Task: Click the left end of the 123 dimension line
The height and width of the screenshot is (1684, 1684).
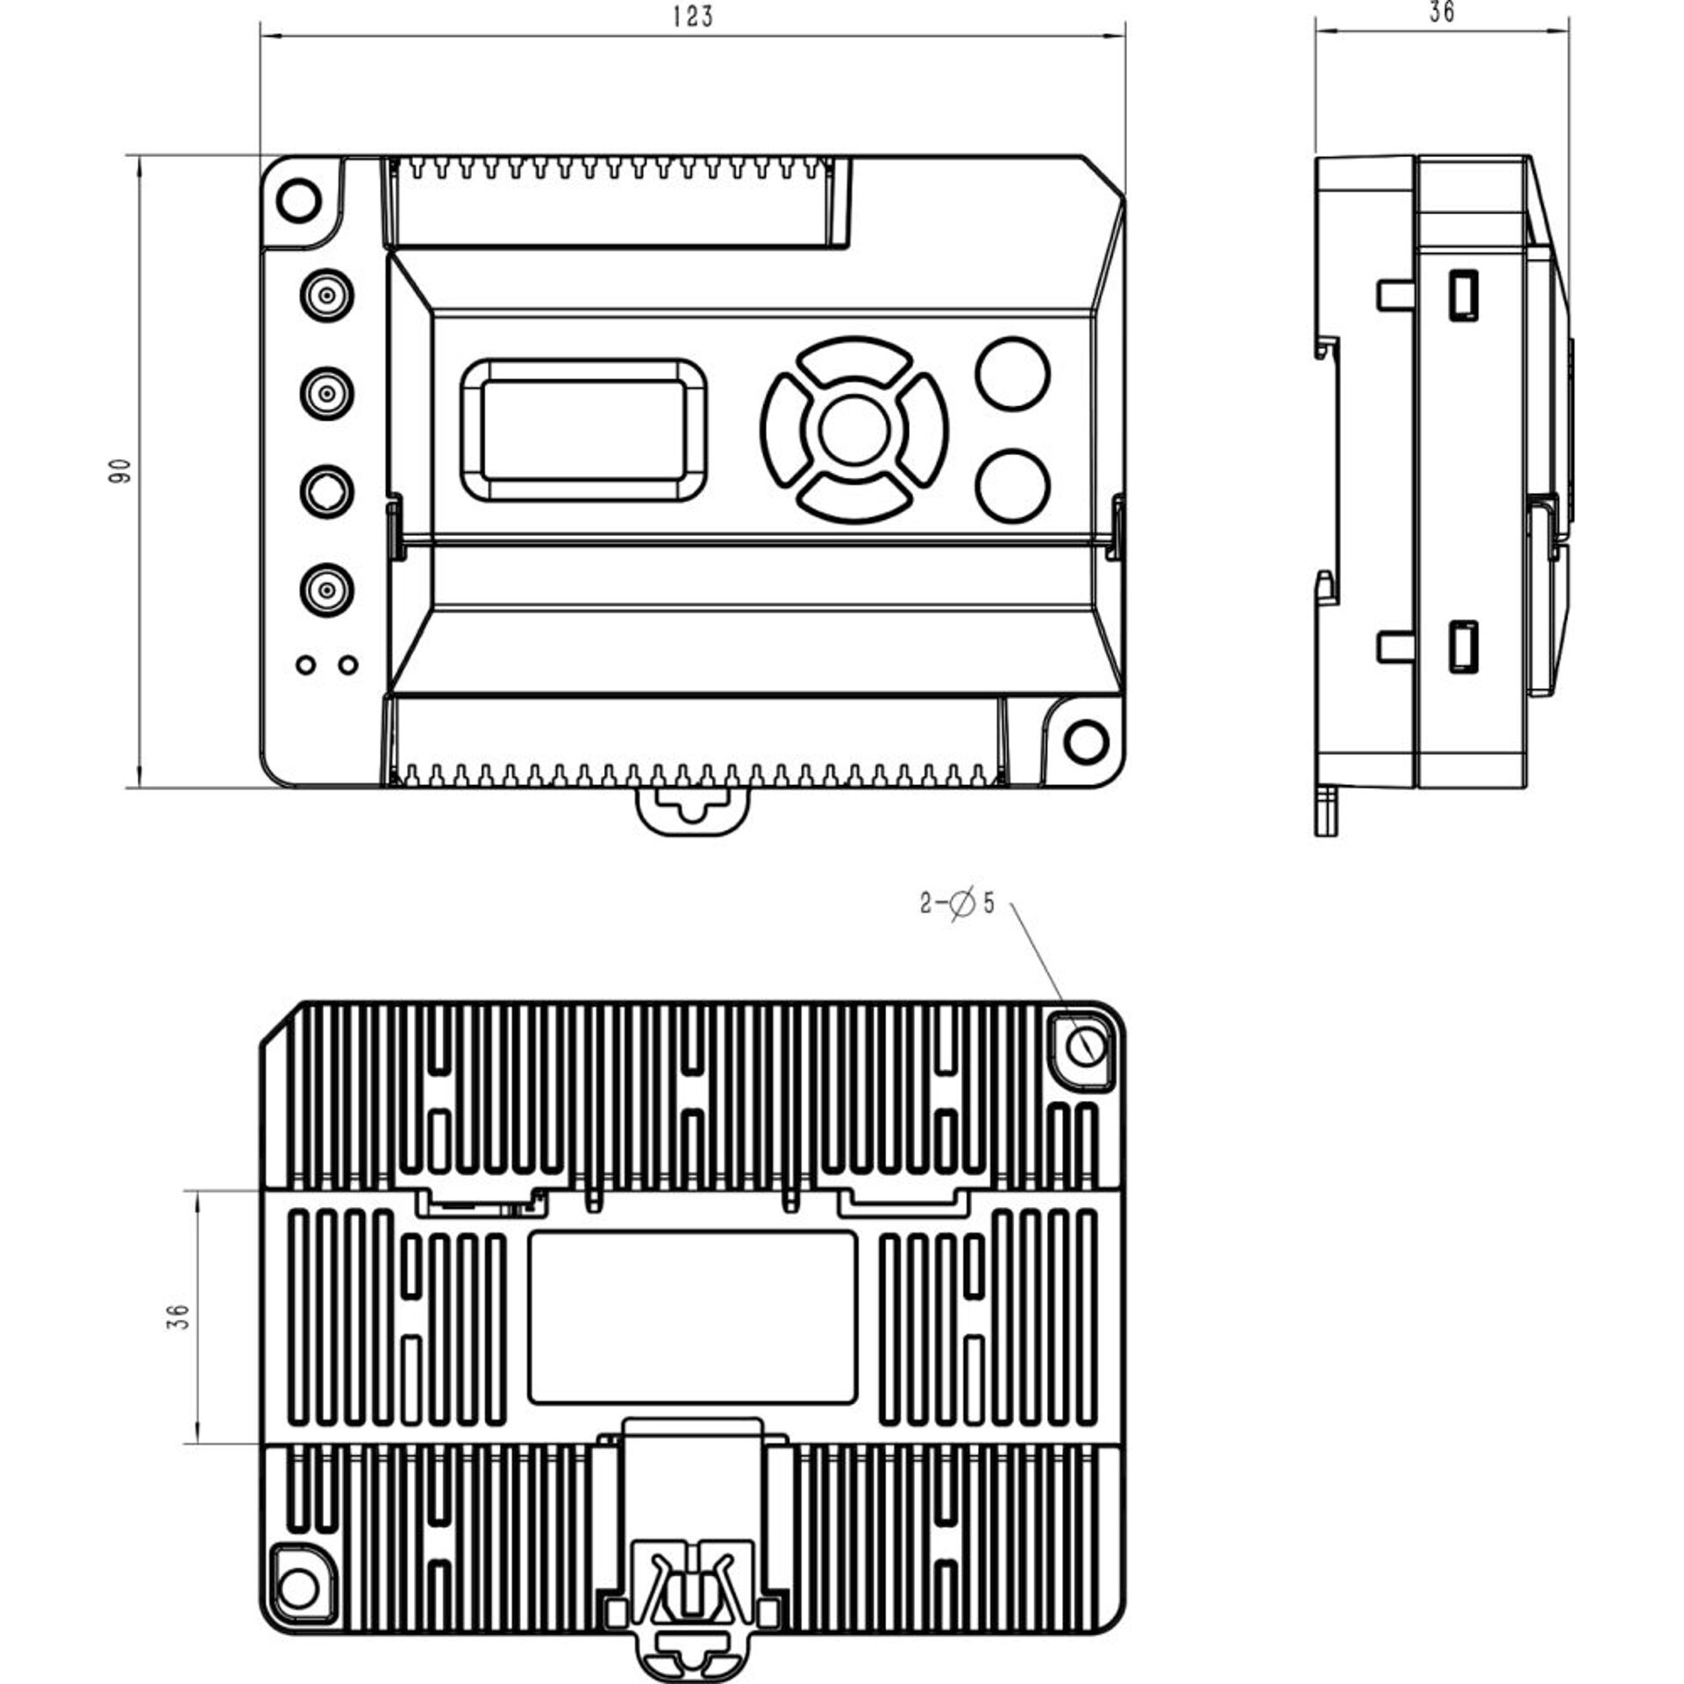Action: pos(260,35)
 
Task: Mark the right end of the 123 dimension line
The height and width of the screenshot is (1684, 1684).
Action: pos(1124,35)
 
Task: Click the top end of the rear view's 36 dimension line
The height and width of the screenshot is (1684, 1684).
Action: pos(196,1190)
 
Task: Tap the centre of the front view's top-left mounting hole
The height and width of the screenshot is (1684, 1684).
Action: pos(298,200)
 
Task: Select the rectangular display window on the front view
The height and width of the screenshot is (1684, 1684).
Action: pos(583,430)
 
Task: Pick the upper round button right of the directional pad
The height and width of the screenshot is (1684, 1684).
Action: pos(1012,373)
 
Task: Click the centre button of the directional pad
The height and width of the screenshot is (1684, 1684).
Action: pos(854,430)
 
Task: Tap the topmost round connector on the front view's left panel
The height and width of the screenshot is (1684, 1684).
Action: pos(326,293)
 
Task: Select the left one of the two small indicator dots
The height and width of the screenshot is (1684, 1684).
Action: pos(305,664)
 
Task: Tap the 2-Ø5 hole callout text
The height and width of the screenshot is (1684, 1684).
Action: pos(957,903)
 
